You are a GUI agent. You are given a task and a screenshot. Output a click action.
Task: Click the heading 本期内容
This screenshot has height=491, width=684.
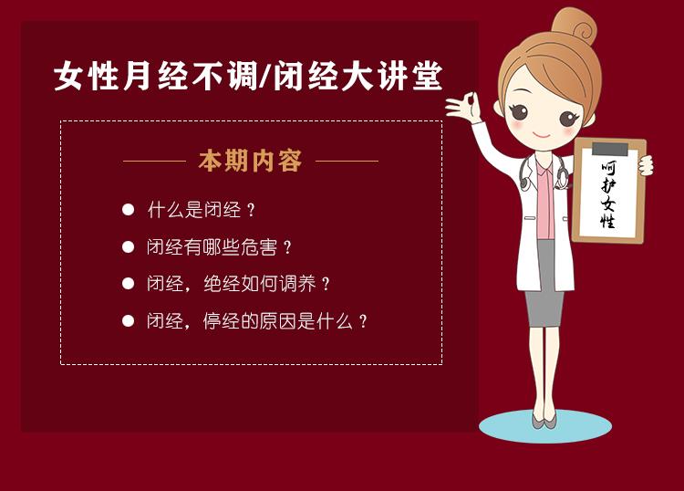[250, 162]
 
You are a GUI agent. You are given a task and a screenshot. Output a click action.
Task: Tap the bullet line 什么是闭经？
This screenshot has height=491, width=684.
[202, 210]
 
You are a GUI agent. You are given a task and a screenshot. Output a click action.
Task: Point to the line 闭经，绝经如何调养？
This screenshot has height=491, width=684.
[238, 283]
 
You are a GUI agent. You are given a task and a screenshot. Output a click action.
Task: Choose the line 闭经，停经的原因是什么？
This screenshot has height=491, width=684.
[257, 320]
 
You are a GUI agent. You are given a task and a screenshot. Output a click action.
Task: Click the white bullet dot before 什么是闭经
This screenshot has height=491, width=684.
[129, 210]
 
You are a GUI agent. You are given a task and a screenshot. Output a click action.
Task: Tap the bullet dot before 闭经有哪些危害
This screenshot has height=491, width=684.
[129, 246]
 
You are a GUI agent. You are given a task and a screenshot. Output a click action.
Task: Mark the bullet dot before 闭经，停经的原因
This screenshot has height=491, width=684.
[129, 320]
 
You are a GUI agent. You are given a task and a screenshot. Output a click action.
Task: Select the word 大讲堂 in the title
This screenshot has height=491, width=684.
[401, 77]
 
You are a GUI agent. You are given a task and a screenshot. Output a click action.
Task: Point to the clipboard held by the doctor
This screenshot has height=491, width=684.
[609, 192]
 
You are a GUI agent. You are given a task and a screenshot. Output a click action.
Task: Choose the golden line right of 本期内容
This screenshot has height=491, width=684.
[347, 162]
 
